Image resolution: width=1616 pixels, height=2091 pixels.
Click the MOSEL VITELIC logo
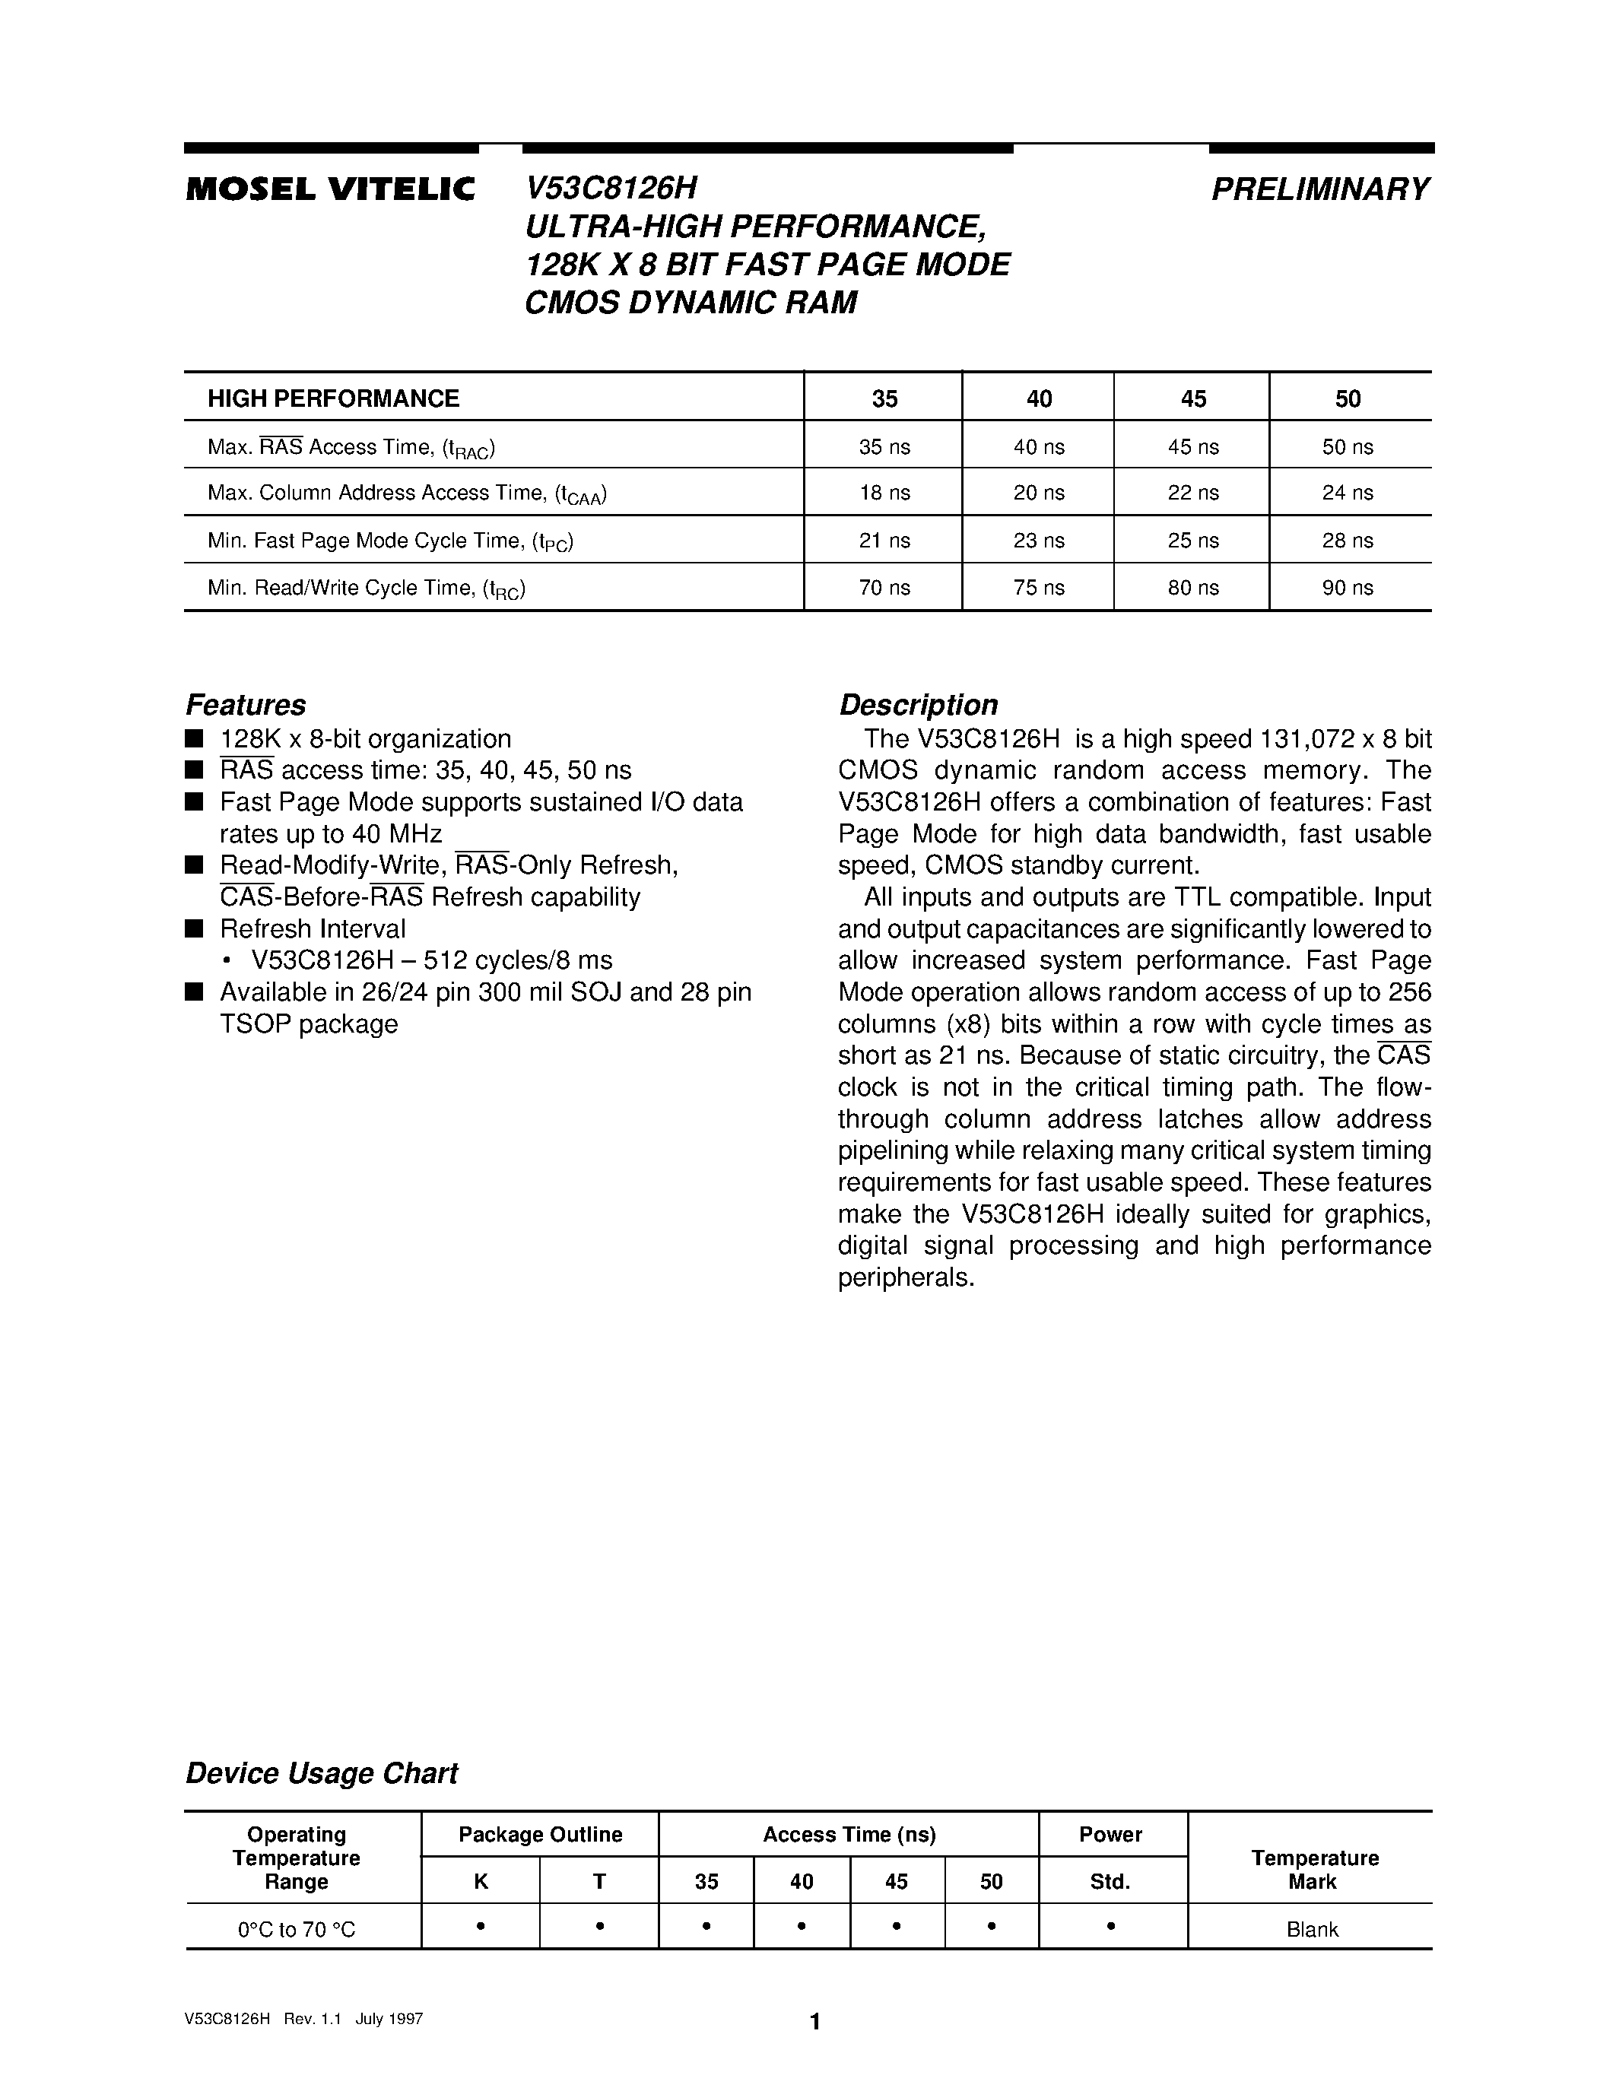(330, 189)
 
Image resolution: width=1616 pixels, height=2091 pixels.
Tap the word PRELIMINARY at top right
(1321, 189)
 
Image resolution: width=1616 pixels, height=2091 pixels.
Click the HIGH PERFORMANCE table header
(333, 398)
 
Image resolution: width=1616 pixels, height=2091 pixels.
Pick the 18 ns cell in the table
(884, 493)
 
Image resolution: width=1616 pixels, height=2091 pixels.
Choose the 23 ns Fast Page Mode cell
(1039, 541)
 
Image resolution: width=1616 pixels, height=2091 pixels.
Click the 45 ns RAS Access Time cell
(1193, 447)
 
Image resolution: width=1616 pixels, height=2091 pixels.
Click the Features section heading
(245, 705)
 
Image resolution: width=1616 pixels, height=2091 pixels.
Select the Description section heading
(918, 705)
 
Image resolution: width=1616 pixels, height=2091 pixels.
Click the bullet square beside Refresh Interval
(195, 928)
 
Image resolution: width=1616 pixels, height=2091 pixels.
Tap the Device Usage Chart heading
(322, 1773)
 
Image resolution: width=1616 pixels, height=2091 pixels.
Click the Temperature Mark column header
(1313, 1869)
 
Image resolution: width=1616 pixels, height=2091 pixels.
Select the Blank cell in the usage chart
(1312, 1929)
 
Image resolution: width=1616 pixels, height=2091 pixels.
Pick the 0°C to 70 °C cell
(297, 1929)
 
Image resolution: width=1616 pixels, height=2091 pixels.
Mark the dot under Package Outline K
(481, 1925)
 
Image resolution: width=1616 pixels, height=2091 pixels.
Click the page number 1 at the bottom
(814, 2021)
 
